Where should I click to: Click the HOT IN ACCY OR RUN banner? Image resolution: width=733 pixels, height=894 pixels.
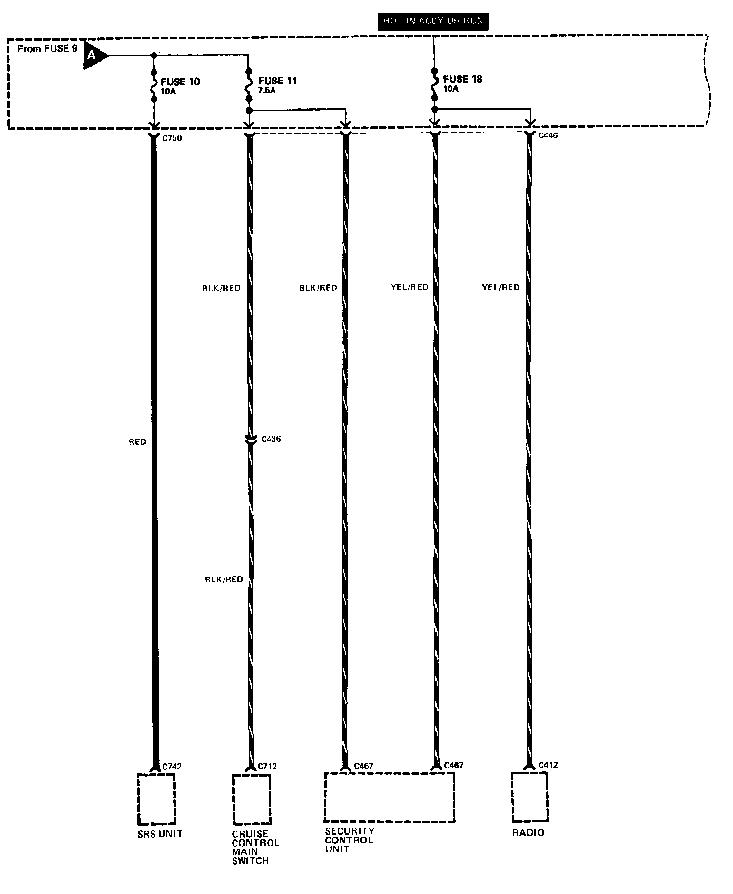pos(433,21)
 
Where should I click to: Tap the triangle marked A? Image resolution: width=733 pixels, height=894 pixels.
pos(94,55)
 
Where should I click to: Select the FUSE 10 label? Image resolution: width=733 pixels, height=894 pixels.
pos(180,82)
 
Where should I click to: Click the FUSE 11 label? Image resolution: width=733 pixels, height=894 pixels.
pos(278,81)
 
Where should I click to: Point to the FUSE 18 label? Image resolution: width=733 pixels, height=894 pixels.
pos(462,79)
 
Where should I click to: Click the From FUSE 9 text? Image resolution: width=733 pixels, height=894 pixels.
pos(47,49)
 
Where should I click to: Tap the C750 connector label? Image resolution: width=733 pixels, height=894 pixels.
pos(172,138)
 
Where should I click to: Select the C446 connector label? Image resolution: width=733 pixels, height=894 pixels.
pos(548,136)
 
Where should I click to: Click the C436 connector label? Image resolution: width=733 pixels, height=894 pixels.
pos(271,439)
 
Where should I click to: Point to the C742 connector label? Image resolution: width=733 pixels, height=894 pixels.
pos(172,767)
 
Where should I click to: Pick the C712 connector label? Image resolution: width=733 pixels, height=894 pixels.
pos(267,766)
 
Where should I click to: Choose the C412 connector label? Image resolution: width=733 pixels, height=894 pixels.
pos(548,764)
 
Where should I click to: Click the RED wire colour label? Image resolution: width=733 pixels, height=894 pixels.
pos(137,442)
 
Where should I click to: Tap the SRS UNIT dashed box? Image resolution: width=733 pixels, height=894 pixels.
pos(156,799)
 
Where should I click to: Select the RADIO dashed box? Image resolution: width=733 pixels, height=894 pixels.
pos(530,797)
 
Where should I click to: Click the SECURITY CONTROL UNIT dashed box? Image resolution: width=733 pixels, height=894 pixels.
pos(389,797)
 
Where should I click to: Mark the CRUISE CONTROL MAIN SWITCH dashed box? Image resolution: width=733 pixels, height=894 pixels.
pos(252,800)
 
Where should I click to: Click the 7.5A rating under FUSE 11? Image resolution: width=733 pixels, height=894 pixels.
pos(267,91)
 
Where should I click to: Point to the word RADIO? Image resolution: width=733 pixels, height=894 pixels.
pos(528,832)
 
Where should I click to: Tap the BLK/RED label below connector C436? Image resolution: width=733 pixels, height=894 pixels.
pos(224,579)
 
